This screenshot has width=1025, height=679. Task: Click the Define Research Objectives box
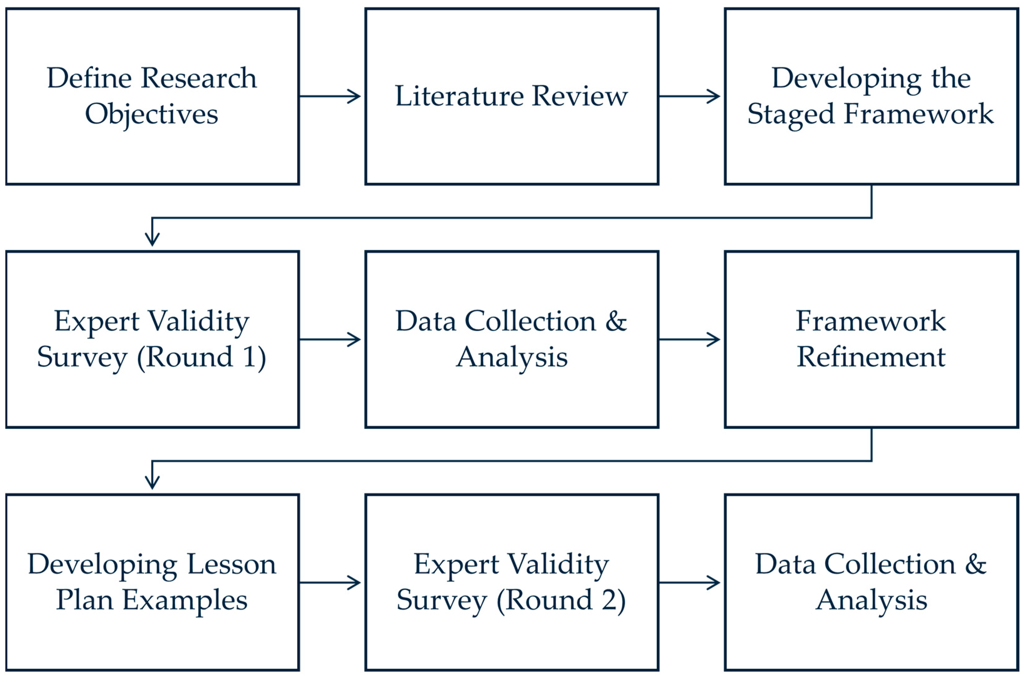[x=153, y=96]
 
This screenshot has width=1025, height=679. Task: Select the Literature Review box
[x=511, y=96]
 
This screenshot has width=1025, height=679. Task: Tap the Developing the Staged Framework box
[x=871, y=96]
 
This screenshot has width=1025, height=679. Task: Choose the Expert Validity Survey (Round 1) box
[x=153, y=339]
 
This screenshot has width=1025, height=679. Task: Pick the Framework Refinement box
[x=871, y=339]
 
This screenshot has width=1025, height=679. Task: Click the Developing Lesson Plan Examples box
[x=153, y=583]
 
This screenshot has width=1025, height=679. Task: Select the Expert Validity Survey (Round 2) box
[x=511, y=583]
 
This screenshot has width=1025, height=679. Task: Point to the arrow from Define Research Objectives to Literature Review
[x=330, y=96]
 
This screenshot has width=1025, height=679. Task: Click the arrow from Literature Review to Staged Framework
[x=689, y=96]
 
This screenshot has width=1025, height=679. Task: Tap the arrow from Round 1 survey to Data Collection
[x=330, y=339]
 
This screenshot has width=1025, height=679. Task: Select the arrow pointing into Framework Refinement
[x=689, y=339]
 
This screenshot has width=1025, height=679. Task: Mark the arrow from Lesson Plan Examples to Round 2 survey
[x=330, y=583]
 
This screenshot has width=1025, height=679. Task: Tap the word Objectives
[x=152, y=115]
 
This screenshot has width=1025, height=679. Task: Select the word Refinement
[x=871, y=358]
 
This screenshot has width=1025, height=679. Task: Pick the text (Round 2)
[x=561, y=601]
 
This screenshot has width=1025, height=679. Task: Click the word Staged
[x=791, y=115]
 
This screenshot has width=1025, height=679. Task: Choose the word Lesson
[x=232, y=565]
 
